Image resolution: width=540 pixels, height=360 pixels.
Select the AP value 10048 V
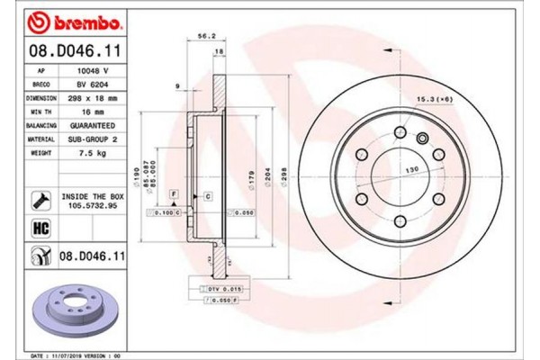93,68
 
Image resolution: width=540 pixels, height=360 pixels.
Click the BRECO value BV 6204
93,81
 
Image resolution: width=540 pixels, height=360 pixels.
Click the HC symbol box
40,229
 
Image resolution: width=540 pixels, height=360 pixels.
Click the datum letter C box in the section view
207,195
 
